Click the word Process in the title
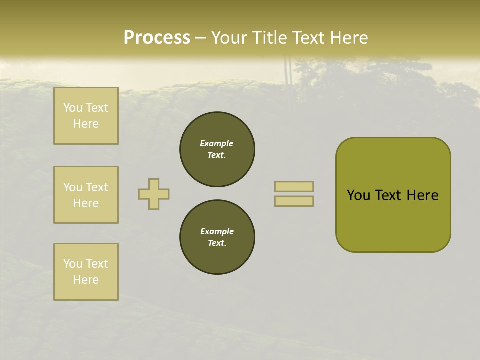157,38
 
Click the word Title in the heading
268,38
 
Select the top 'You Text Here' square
86,116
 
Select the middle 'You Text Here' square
86,195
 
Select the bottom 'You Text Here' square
86,272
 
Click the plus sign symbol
154,194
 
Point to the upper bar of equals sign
294,186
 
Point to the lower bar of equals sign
294,201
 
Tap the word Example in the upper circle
217,143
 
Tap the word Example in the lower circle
217,231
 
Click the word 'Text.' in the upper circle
217,155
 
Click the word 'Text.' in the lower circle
217,243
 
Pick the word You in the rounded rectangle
358,195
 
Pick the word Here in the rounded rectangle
422,195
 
